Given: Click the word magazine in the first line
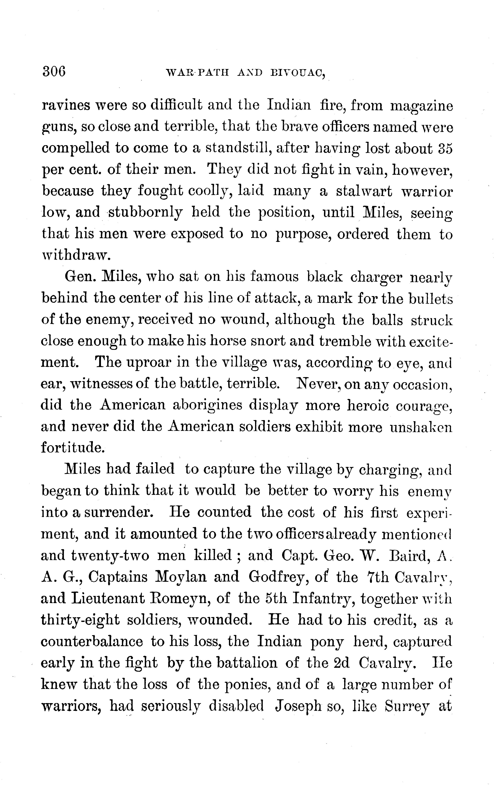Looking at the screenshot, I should pos(421,107).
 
